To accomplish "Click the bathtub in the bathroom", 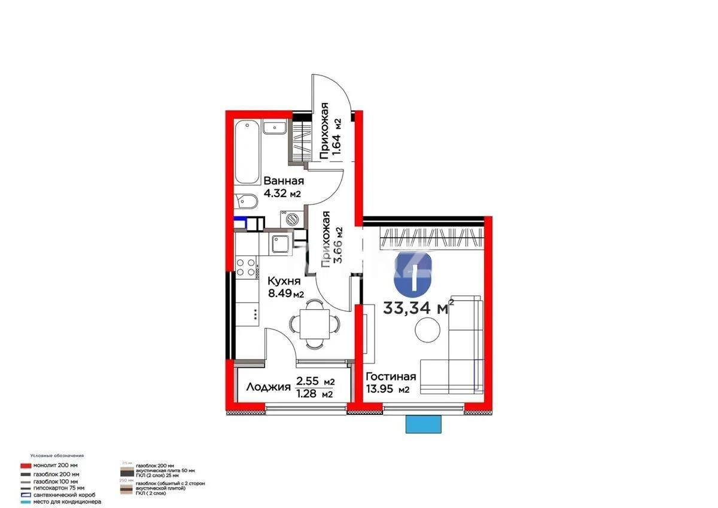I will point(247,153).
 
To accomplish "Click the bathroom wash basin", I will point(276,126).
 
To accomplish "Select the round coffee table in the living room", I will point(429,329).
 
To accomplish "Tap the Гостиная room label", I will point(391,377).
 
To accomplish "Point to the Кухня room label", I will point(284,282).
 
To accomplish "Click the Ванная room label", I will point(284,181).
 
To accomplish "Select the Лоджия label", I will point(268,387).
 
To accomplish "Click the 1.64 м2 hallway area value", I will point(337,138).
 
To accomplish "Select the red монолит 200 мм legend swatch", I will point(25,465).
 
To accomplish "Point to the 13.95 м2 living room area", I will point(388,390).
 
